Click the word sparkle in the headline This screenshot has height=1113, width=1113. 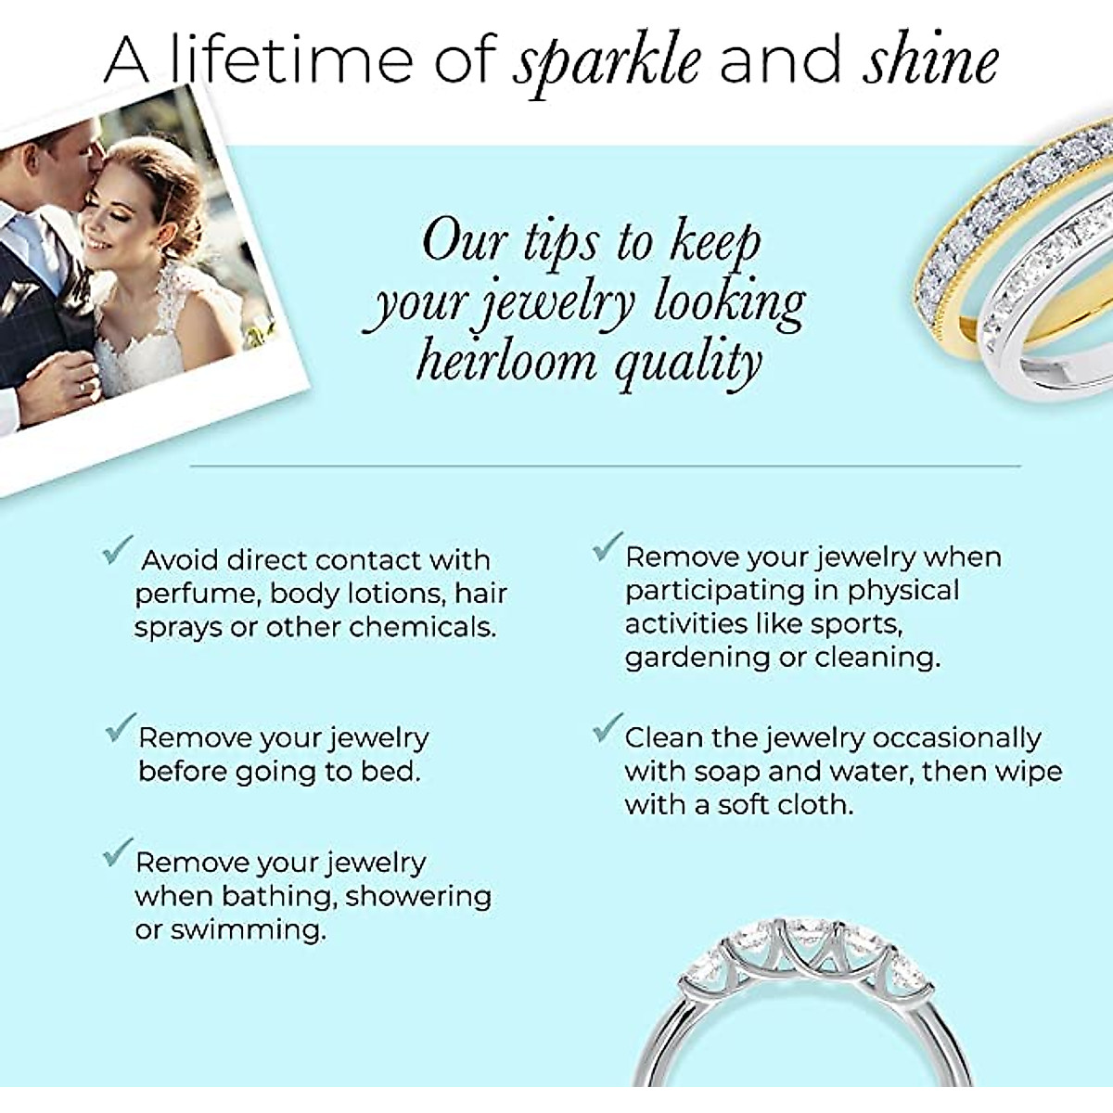click(x=608, y=60)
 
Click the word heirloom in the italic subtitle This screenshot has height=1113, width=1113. click(x=506, y=361)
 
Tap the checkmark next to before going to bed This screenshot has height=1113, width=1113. click(x=121, y=728)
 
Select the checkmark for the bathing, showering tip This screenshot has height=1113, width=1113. click(x=117, y=852)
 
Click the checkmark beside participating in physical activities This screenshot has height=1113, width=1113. click(x=607, y=547)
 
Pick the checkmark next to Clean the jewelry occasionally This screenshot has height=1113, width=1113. click(x=607, y=728)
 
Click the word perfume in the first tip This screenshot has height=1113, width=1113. click(x=192, y=594)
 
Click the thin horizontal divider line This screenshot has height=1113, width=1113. click(x=603, y=465)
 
